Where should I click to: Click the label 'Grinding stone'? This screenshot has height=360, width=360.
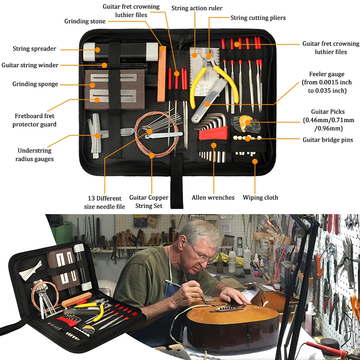coord(85,21)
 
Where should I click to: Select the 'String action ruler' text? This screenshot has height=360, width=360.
coord(197,8)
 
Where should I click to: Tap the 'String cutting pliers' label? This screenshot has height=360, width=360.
coord(258,17)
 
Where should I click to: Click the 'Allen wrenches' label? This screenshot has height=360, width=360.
coord(213,197)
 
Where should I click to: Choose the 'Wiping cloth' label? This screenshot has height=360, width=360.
coord(260,197)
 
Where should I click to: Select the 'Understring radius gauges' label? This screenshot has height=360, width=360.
coord(34,155)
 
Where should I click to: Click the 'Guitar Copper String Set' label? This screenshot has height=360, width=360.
coord(149,202)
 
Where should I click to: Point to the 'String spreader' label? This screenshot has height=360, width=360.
coord(35,49)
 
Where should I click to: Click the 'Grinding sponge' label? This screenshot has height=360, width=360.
coord(35,84)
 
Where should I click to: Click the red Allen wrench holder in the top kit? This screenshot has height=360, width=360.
coord(213,134)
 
